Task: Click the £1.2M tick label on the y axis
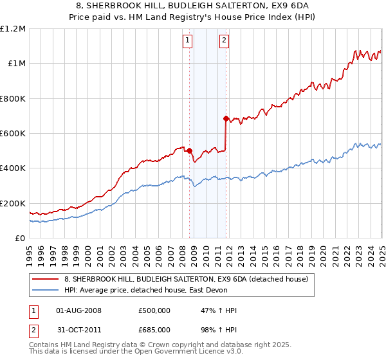13,28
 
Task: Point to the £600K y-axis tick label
13,133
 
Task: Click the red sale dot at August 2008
189,151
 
